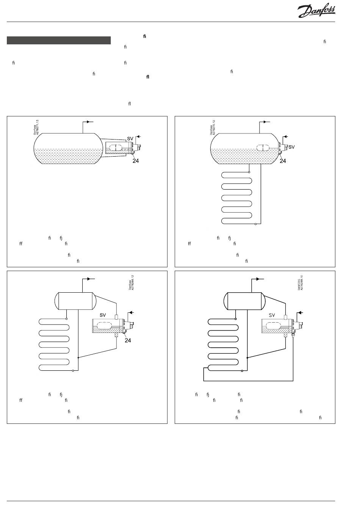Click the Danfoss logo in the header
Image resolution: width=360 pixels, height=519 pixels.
(316, 11)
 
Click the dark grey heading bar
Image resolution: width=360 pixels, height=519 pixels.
(59, 40)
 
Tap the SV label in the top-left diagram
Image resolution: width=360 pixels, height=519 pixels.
(130, 139)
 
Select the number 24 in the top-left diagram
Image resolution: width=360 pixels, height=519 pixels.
(135, 161)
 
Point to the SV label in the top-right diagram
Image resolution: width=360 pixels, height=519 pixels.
(291, 147)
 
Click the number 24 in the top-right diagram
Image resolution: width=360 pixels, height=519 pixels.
(283, 161)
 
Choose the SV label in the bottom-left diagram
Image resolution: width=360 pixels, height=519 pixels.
(103, 315)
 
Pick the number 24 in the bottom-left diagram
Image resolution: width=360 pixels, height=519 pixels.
(128, 340)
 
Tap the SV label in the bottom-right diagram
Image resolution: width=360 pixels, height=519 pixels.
(272, 315)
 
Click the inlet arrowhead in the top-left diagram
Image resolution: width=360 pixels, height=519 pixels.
(138, 136)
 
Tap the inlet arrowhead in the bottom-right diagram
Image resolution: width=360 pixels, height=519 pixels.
(299, 313)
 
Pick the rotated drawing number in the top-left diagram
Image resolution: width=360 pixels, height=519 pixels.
(36, 127)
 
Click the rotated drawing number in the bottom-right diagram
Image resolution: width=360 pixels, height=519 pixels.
(300, 282)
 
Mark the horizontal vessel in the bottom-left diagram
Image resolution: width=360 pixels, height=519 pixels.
(75, 301)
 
